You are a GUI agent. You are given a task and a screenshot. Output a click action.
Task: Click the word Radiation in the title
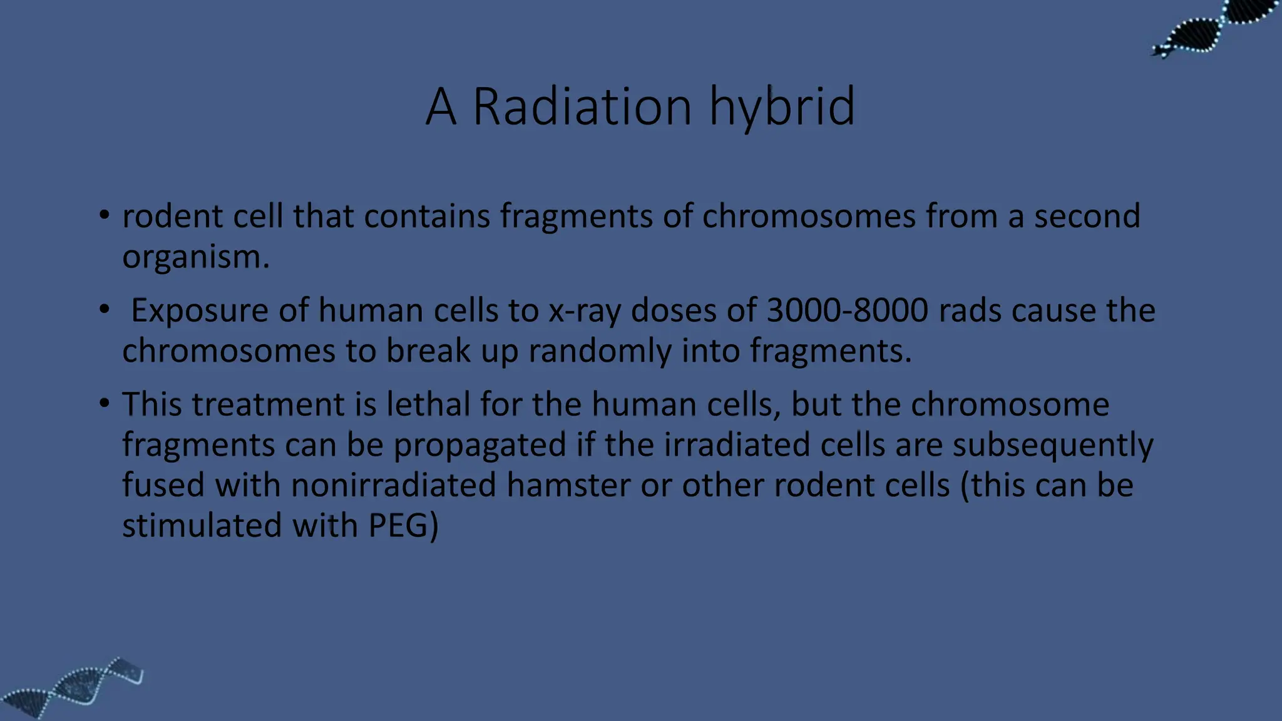coord(582,106)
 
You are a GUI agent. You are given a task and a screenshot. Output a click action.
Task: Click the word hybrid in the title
coord(782,106)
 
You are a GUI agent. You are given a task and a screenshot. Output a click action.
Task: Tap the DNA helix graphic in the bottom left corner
coord(72,688)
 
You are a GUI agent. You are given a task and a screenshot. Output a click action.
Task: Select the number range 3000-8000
coord(847,310)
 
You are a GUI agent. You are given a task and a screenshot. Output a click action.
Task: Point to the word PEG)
coord(403,525)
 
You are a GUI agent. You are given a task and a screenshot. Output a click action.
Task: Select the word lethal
coord(428,404)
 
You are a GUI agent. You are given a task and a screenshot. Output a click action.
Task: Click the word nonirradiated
coord(394,485)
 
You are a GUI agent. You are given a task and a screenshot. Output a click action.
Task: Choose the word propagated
coord(479,446)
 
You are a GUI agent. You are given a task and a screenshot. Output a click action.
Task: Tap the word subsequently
coord(1052,446)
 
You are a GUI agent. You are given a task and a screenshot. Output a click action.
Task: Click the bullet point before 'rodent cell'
coord(105,215)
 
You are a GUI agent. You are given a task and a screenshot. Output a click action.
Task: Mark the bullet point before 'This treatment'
coord(105,403)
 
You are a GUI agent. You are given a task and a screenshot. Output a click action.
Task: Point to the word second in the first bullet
coord(1087,216)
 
